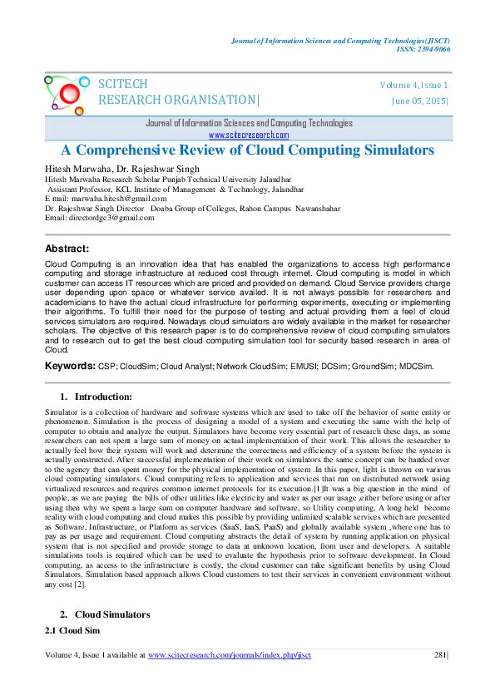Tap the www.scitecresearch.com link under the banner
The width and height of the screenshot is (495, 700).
tap(248, 135)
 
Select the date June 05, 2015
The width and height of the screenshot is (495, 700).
tap(418, 101)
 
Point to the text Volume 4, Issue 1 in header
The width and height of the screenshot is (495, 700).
tap(413, 86)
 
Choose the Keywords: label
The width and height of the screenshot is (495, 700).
tap(70, 366)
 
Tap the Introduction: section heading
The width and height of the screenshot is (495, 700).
tap(103, 397)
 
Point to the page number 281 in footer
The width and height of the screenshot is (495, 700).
tap(440, 678)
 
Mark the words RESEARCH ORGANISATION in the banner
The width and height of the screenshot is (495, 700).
tap(178, 101)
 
